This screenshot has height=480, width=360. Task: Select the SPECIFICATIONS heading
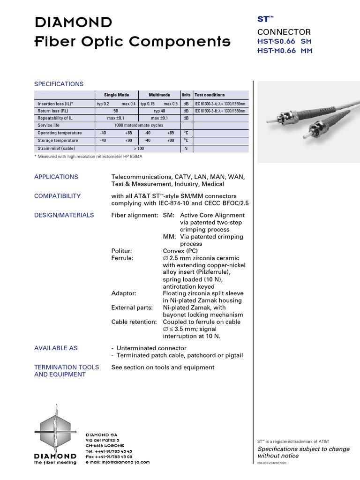click(x=59, y=84)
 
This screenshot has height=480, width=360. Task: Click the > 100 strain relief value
click(x=138, y=149)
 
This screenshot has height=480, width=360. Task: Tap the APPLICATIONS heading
click(x=56, y=177)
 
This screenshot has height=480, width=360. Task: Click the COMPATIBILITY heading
click(x=57, y=196)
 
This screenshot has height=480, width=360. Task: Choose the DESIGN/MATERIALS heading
click(x=64, y=215)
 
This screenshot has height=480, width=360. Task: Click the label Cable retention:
click(x=134, y=322)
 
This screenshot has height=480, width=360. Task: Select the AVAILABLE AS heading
click(x=56, y=348)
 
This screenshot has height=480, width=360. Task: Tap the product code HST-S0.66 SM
click(x=284, y=41)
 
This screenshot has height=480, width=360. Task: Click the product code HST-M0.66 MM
click(x=284, y=51)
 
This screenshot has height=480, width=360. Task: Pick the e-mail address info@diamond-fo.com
click(x=118, y=462)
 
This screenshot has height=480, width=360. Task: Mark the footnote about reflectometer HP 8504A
click(x=88, y=156)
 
